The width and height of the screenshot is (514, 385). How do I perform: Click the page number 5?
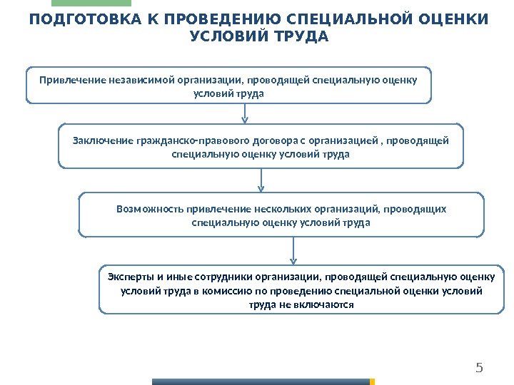(479, 368)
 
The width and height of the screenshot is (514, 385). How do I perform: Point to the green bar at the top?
(96, 3)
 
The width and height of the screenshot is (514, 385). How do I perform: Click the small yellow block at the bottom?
(372, 381)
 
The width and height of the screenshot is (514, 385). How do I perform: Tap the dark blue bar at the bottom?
(261, 381)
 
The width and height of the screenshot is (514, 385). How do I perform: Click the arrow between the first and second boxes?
(246, 114)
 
